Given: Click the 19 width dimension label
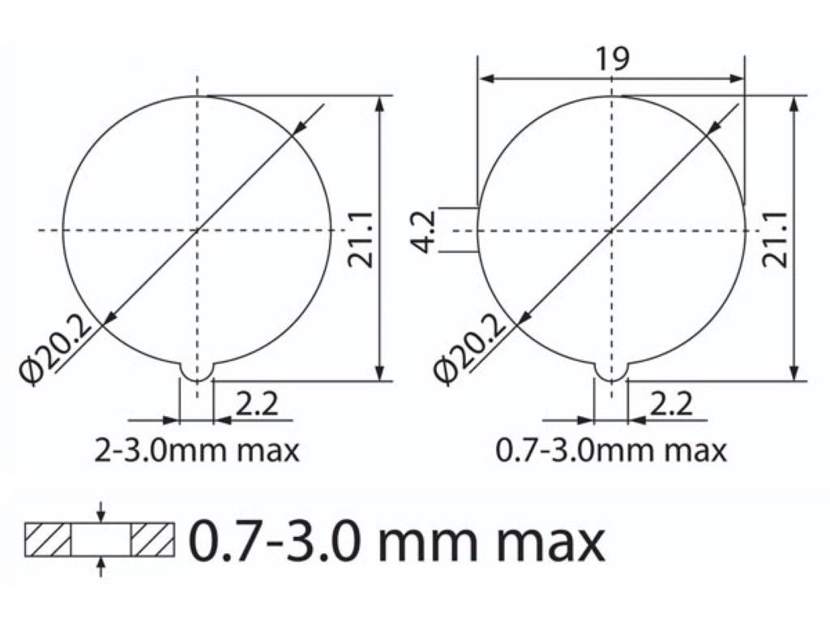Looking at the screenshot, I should [612, 58].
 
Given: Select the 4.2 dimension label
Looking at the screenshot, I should [427, 231].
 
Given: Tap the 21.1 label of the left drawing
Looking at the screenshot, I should [361, 238].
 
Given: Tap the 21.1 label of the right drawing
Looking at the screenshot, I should [775, 238].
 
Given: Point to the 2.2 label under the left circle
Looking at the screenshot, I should [255, 403].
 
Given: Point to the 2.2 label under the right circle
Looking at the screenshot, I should [671, 403].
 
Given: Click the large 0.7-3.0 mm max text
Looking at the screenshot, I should [397, 541].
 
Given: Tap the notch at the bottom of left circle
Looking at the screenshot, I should [196, 372].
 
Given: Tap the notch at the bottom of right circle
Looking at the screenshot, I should [610, 372].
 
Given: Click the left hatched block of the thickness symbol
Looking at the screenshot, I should [49, 540].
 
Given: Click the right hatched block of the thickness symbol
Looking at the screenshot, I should [152, 540].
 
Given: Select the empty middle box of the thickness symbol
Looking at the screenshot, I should [101, 540].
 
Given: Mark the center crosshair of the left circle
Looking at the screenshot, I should [197, 230].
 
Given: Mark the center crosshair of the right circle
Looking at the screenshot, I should [611, 230].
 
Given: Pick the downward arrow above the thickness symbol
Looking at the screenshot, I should [101, 513].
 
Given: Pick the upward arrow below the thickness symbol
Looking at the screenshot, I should [101, 567].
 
